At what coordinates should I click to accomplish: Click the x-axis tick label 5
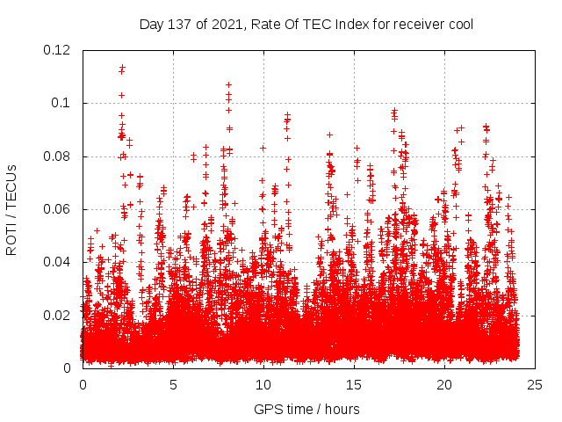(173, 385)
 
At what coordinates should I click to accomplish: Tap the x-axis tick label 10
(263, 385)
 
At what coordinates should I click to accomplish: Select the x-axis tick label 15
(353, 385)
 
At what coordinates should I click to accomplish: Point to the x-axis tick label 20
(443, 385)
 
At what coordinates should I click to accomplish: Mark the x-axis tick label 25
(534, 385)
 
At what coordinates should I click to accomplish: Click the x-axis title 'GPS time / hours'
(306, 409)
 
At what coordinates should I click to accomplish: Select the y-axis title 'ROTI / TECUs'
(11, 209)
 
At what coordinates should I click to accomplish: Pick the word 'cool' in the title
(460, 24)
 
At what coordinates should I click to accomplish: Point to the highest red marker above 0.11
(122, 66)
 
